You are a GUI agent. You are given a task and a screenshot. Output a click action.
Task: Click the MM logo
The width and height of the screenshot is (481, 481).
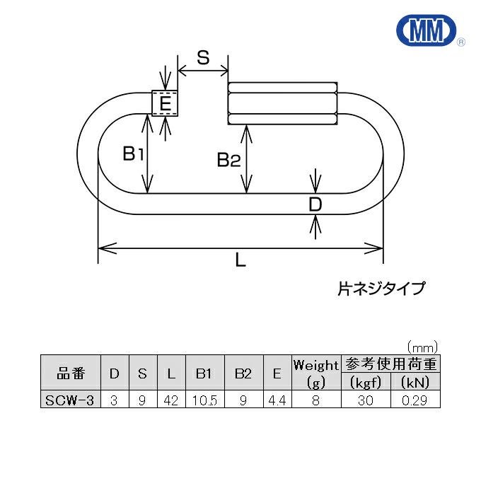[427, 31]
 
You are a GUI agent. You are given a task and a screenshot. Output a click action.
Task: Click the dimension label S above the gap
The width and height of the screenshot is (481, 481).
[203, 58]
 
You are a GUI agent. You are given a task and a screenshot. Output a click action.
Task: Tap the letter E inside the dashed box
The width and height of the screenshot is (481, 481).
[165, 105]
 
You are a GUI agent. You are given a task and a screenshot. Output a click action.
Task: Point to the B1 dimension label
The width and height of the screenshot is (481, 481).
[133, 153]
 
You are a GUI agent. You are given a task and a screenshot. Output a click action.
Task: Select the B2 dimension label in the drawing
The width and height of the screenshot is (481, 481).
[228, 161]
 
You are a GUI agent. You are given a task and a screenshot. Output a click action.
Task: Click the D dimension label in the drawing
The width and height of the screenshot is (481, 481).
[315, 205]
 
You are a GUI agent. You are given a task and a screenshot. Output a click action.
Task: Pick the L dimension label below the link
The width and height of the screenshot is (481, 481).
[240, 260]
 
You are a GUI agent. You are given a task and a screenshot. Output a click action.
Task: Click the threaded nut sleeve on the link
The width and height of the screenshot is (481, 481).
[283, 103]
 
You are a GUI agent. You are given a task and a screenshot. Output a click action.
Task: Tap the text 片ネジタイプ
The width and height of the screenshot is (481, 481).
[381, 288]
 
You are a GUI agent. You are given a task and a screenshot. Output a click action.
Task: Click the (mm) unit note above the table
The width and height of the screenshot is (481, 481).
[422, 347]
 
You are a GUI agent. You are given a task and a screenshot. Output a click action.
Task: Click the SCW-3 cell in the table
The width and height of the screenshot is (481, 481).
[71, 400]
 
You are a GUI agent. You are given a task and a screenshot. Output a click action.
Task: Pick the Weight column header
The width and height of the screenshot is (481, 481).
[315, 366]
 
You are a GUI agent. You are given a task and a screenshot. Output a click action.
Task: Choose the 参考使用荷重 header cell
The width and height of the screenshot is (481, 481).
[390, 365]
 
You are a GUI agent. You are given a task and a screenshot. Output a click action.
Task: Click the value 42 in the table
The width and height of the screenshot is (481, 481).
[170, 400]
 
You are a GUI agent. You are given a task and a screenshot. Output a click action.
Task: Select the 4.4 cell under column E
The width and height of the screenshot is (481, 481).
[276, 400]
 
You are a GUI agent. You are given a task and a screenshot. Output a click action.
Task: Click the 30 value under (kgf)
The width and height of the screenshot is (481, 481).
[366, 400]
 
